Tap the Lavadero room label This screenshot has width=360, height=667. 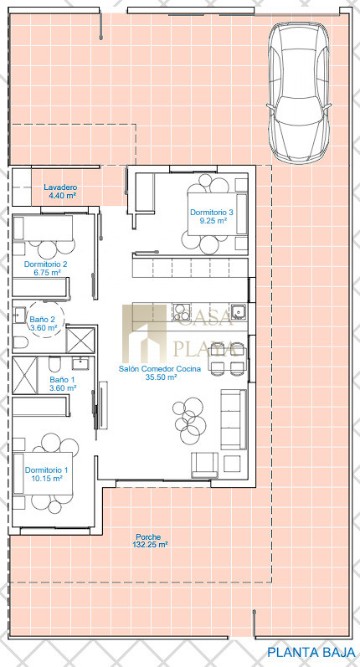60,187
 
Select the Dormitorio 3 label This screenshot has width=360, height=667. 212,212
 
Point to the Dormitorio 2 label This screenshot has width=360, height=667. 45,264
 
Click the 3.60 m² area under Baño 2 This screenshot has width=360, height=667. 43,328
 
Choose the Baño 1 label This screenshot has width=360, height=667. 59,379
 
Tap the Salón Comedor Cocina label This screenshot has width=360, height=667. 160,369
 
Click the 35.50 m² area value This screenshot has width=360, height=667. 160,377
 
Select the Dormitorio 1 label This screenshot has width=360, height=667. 46,470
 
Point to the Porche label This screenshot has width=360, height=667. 148,537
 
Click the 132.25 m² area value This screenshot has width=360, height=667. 148,545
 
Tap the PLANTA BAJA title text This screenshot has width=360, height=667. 311,652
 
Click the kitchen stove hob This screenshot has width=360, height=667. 182,312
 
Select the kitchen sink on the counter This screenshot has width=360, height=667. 239,312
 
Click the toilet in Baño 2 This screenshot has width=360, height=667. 20,341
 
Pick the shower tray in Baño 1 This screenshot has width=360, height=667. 25,376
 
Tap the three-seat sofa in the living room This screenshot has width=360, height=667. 234,419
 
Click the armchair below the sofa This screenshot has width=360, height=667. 204,465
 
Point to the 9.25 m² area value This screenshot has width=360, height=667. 213,221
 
